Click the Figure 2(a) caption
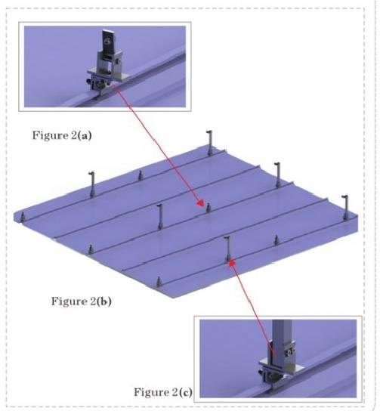pyautogui.click(x=62, y=135)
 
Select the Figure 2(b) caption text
pyautogui.click(x=82, y=301)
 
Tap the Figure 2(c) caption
pyautogui.click(x=163, y=392)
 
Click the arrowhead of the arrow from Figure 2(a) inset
pyautogui.click(x=201, y=202)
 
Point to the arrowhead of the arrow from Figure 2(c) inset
pyautogui.click(x=232, y=263)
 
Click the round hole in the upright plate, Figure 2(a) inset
pyautogui.click(x=107, y=41)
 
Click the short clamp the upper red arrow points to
pyautogui.click(x=209, y=208)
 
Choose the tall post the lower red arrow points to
pyautogui.click(x=228, y=249)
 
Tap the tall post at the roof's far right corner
pyautogui.click(x=346, y=207)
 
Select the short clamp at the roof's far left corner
pyautogui.click(x=23, y=217)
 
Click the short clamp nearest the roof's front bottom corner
pyautogui.click(x=159, y=282)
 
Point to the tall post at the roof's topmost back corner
pyautogui.click(x=209, y=143)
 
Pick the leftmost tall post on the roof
pyautogui.click(x=91, y=184)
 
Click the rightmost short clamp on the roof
pyautogui.click(x=276, y=239)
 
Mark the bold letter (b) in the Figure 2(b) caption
pyautogui.click(x=104, y=301)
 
